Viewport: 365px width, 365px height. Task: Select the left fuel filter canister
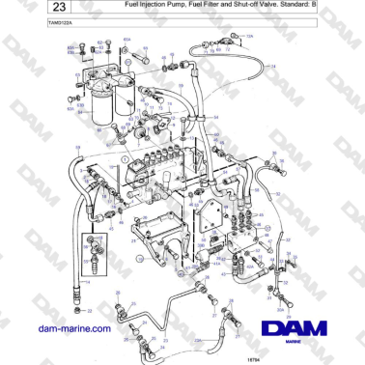(100, 96)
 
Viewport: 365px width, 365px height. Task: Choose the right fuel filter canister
(125, 96)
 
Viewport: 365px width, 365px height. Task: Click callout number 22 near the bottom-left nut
(90, 311)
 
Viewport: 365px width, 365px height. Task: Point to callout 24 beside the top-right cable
(273, 66)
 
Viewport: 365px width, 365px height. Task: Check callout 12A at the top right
(249, 36)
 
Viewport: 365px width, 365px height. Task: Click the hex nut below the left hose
(78, 311)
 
